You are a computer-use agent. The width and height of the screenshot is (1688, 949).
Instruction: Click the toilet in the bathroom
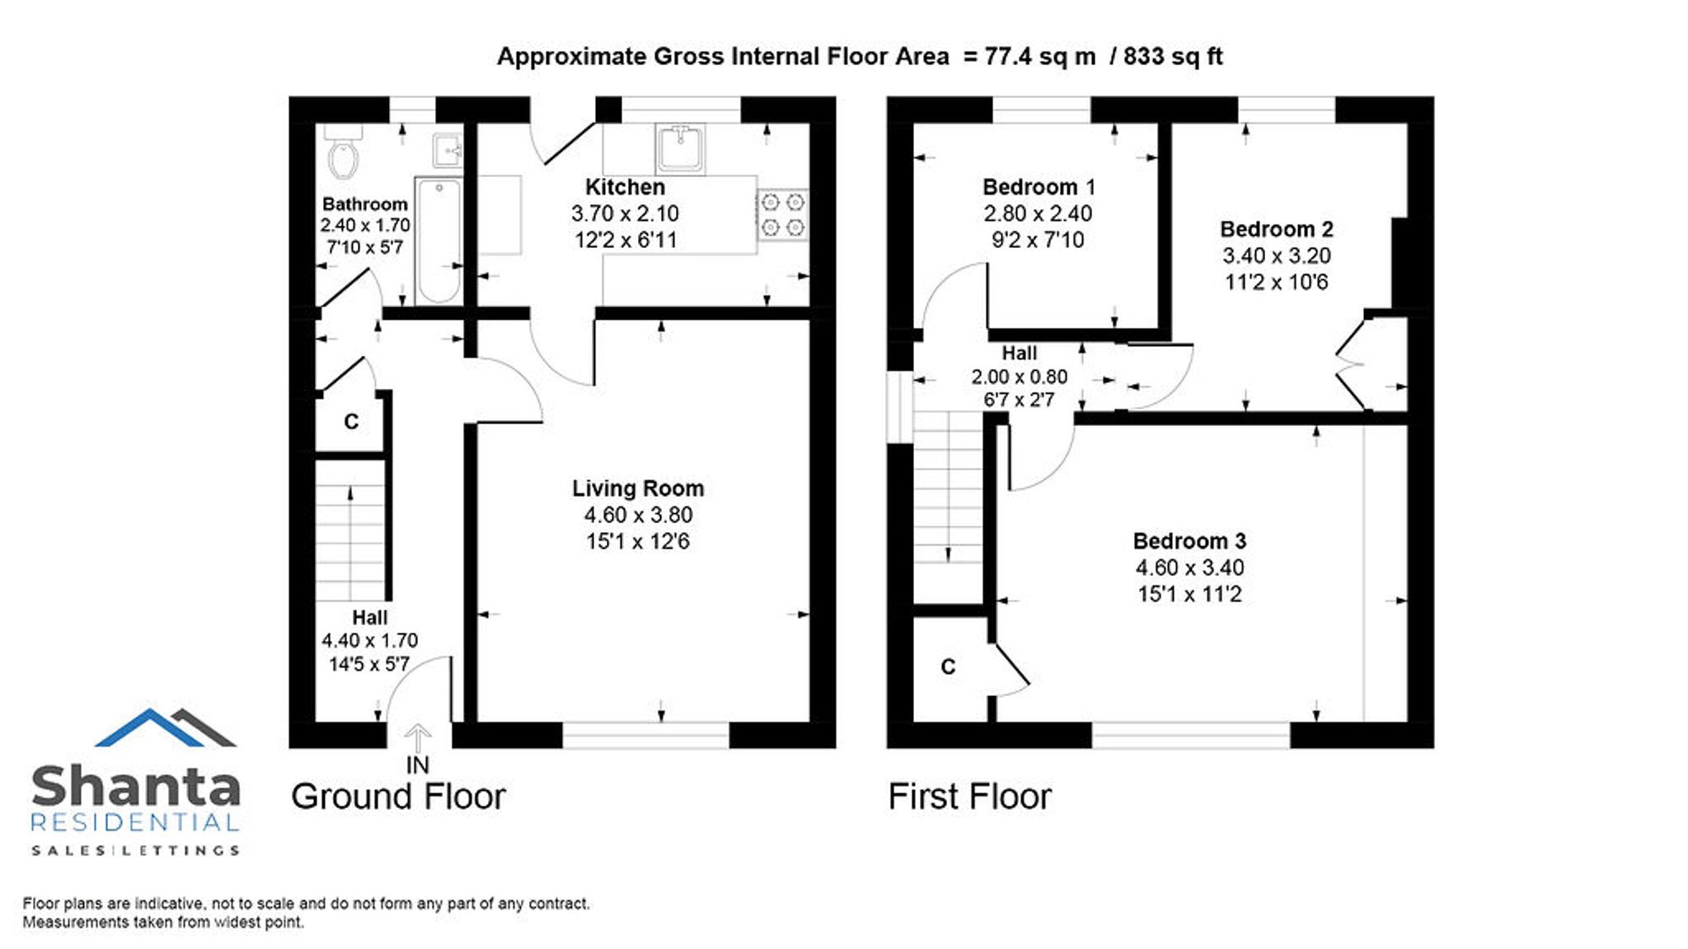(344, 152)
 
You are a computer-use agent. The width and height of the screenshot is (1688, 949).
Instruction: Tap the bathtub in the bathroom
(438, 240)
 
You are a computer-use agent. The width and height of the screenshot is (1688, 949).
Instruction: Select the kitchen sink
(680, 148)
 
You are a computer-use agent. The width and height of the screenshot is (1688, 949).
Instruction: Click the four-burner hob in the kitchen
(782, 214)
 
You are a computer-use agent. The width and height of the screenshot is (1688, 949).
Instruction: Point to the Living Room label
(638, 488)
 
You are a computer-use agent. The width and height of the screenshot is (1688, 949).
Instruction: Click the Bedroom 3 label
(1189, 541)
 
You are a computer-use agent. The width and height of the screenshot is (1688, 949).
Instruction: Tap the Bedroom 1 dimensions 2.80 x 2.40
(1038, 213)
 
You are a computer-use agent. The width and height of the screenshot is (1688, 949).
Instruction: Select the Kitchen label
(625, 186)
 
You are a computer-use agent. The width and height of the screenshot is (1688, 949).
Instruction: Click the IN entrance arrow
(417, 739)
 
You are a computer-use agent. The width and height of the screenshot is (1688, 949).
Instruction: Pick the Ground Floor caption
(398, 796)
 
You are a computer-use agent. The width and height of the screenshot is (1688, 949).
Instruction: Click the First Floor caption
(970, 796)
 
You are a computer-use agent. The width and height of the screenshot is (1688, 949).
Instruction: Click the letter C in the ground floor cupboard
(351, 422)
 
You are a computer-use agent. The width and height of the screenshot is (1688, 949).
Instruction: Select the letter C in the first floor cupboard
(948, 667)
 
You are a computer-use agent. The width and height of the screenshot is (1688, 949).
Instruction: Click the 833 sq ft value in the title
(1173, 57)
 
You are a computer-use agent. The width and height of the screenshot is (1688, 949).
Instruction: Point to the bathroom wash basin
(447, 151)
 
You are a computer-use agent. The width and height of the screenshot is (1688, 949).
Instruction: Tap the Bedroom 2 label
(1276, 229)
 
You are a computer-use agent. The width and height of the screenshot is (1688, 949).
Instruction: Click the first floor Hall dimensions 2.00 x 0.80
(1019, 376)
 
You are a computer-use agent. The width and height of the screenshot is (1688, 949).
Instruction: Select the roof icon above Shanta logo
(165, 727)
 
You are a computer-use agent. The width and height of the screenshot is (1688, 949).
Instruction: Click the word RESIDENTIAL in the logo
(135, 822)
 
